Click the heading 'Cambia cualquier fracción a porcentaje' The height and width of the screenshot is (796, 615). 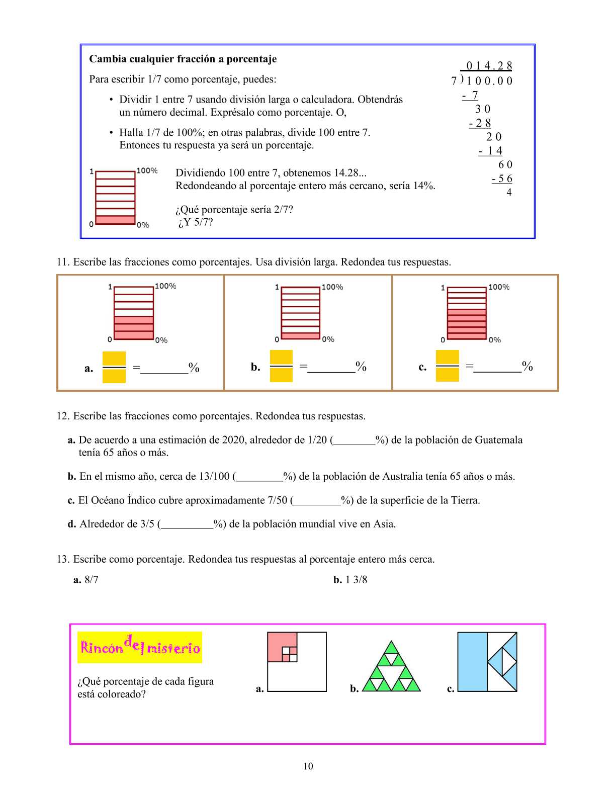point(183,59)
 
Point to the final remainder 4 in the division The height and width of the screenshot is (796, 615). point(509,193)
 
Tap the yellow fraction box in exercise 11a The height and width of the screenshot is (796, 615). point(114,367)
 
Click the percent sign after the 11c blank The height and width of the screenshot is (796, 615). point(528,366)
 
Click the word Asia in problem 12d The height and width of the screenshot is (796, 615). point(384,524)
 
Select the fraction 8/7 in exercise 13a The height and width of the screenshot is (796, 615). point(92,580)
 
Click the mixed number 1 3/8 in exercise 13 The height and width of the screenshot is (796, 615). point(356,580)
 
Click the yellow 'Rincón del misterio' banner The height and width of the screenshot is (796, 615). point(140,648)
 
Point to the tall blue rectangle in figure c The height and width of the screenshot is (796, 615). point(472,662)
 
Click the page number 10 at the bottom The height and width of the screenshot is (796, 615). point(308,766)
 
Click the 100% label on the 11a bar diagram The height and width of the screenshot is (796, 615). point(165,286)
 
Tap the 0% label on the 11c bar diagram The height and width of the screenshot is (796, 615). point(495,340)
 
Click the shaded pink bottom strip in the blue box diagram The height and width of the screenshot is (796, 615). point(115,220)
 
